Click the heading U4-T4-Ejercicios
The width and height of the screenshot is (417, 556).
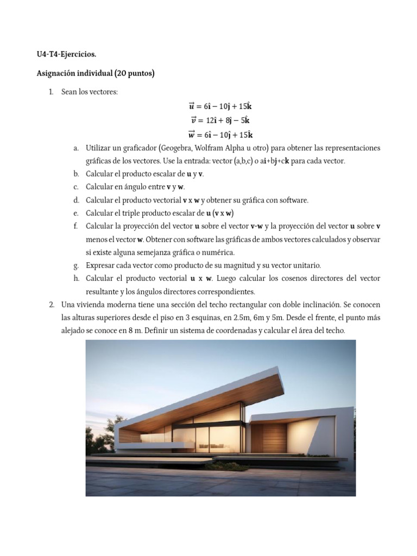coord(66,54)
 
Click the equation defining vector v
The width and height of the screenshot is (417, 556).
coord(220,121)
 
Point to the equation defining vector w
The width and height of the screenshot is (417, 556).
coord(220,135)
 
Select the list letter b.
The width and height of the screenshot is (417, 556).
coord(76,174)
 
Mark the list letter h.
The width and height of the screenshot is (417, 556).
coord(76,279)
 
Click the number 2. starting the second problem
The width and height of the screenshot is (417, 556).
coord(52,305)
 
